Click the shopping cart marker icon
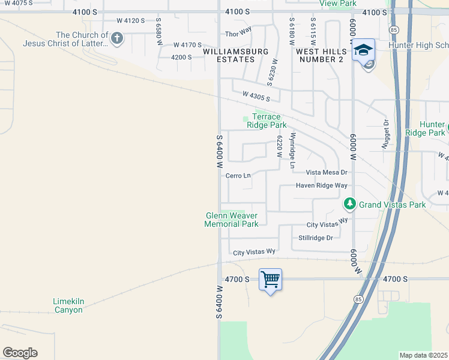point(271,280)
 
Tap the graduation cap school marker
point(363,50)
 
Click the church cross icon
point(117,40)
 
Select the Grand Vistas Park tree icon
point(350,205)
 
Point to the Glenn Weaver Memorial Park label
point(232,220)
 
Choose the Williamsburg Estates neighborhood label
point(236,55)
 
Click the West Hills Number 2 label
point(319,55)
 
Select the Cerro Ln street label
point(238,176)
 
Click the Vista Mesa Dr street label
point(327,172)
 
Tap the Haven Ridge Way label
point(322,185)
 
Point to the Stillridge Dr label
point(316,238)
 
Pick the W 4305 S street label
point(256,95)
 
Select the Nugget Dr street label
point(386,134)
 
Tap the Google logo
point(20,353)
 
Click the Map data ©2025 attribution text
point(423,355)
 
